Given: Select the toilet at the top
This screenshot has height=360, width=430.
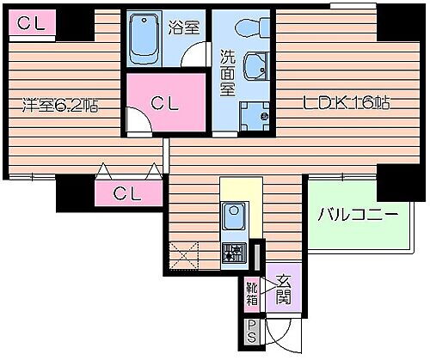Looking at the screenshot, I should (255, 28).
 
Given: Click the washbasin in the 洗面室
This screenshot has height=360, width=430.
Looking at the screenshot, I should (255, 67).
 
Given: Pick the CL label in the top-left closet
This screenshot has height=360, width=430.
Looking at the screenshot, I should (28, 24).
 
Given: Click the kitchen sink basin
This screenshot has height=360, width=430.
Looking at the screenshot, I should (233, 213).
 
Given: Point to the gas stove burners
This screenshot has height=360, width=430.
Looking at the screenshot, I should (233, 252).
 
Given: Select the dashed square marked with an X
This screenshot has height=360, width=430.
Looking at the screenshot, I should (186, 256).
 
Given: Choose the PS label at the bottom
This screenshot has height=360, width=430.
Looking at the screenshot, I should (253, 330).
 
